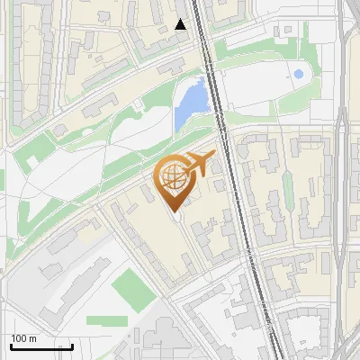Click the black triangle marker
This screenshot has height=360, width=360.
tap(181, 24)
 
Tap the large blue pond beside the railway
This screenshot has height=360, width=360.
tap(190, 102)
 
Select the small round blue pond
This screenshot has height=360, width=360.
tap(299, 74)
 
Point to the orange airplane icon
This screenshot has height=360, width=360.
tap(201, 165)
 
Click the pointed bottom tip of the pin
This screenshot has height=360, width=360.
tap(174, 211)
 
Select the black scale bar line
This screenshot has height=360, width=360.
tap(41, 346)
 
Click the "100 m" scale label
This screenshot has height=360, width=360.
tap(23, 338)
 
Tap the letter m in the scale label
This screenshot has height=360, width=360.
tap(32, 338)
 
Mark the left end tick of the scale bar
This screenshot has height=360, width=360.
tap(11, 345)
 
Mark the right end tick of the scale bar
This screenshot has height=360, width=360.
tap(72, 345)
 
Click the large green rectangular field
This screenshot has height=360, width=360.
tap(132, 287)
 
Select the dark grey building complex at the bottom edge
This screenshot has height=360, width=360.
tap(166, 342)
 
